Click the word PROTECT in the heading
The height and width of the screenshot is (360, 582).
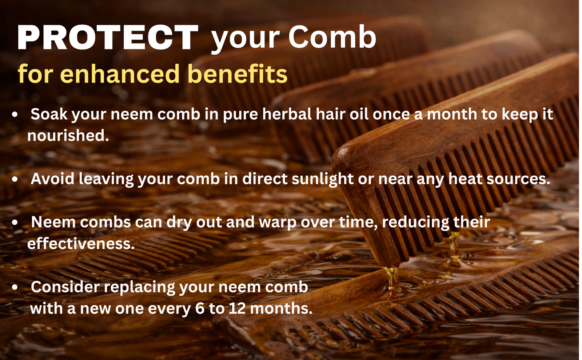coord(108,37)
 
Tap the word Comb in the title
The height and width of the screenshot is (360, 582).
coord(332,37)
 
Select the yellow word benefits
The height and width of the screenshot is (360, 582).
coord(237,74)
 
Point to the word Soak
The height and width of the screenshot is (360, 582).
coord(49,114)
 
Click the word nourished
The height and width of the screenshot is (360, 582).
coord(68,136)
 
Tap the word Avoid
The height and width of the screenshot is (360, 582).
coord(52,179)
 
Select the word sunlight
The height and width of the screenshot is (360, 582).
coord(322,179)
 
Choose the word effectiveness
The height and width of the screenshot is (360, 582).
coord(81,244)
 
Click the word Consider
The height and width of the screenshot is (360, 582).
coord(65,287)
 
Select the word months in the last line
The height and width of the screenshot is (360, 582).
coord(281,308)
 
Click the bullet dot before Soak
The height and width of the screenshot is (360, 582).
coord(15,115)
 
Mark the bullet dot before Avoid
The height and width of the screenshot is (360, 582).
coord(15,179)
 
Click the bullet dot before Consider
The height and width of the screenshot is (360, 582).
coord(15,287)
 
